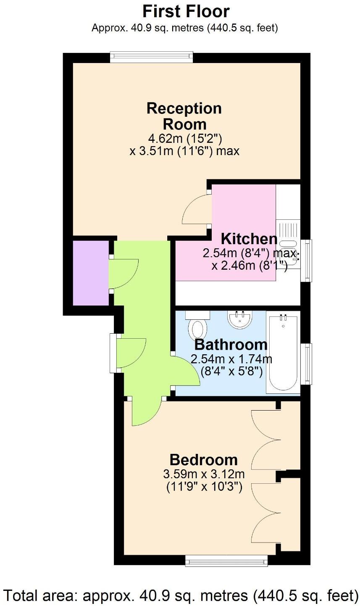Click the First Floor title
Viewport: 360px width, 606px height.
(x=186, y=11)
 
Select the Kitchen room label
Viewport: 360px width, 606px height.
(x=249, y=239)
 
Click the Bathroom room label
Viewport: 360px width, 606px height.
(x=231, y=345)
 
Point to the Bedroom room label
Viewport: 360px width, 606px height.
(x=203, y=459)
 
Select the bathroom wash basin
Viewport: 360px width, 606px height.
(x=240, y=319)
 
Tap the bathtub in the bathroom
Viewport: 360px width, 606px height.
(x=284, y=353)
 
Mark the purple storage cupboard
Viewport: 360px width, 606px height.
(x=90, y=273)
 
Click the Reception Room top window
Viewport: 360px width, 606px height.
(x=151, y=57)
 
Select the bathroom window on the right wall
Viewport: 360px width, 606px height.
(x=309, y=364)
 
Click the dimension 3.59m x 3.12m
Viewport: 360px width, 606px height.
(x=204, y=474)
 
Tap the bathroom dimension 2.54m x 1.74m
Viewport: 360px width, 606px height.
(x=231, y=359)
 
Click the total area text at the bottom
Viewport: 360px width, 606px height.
(x=180, y=595)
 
